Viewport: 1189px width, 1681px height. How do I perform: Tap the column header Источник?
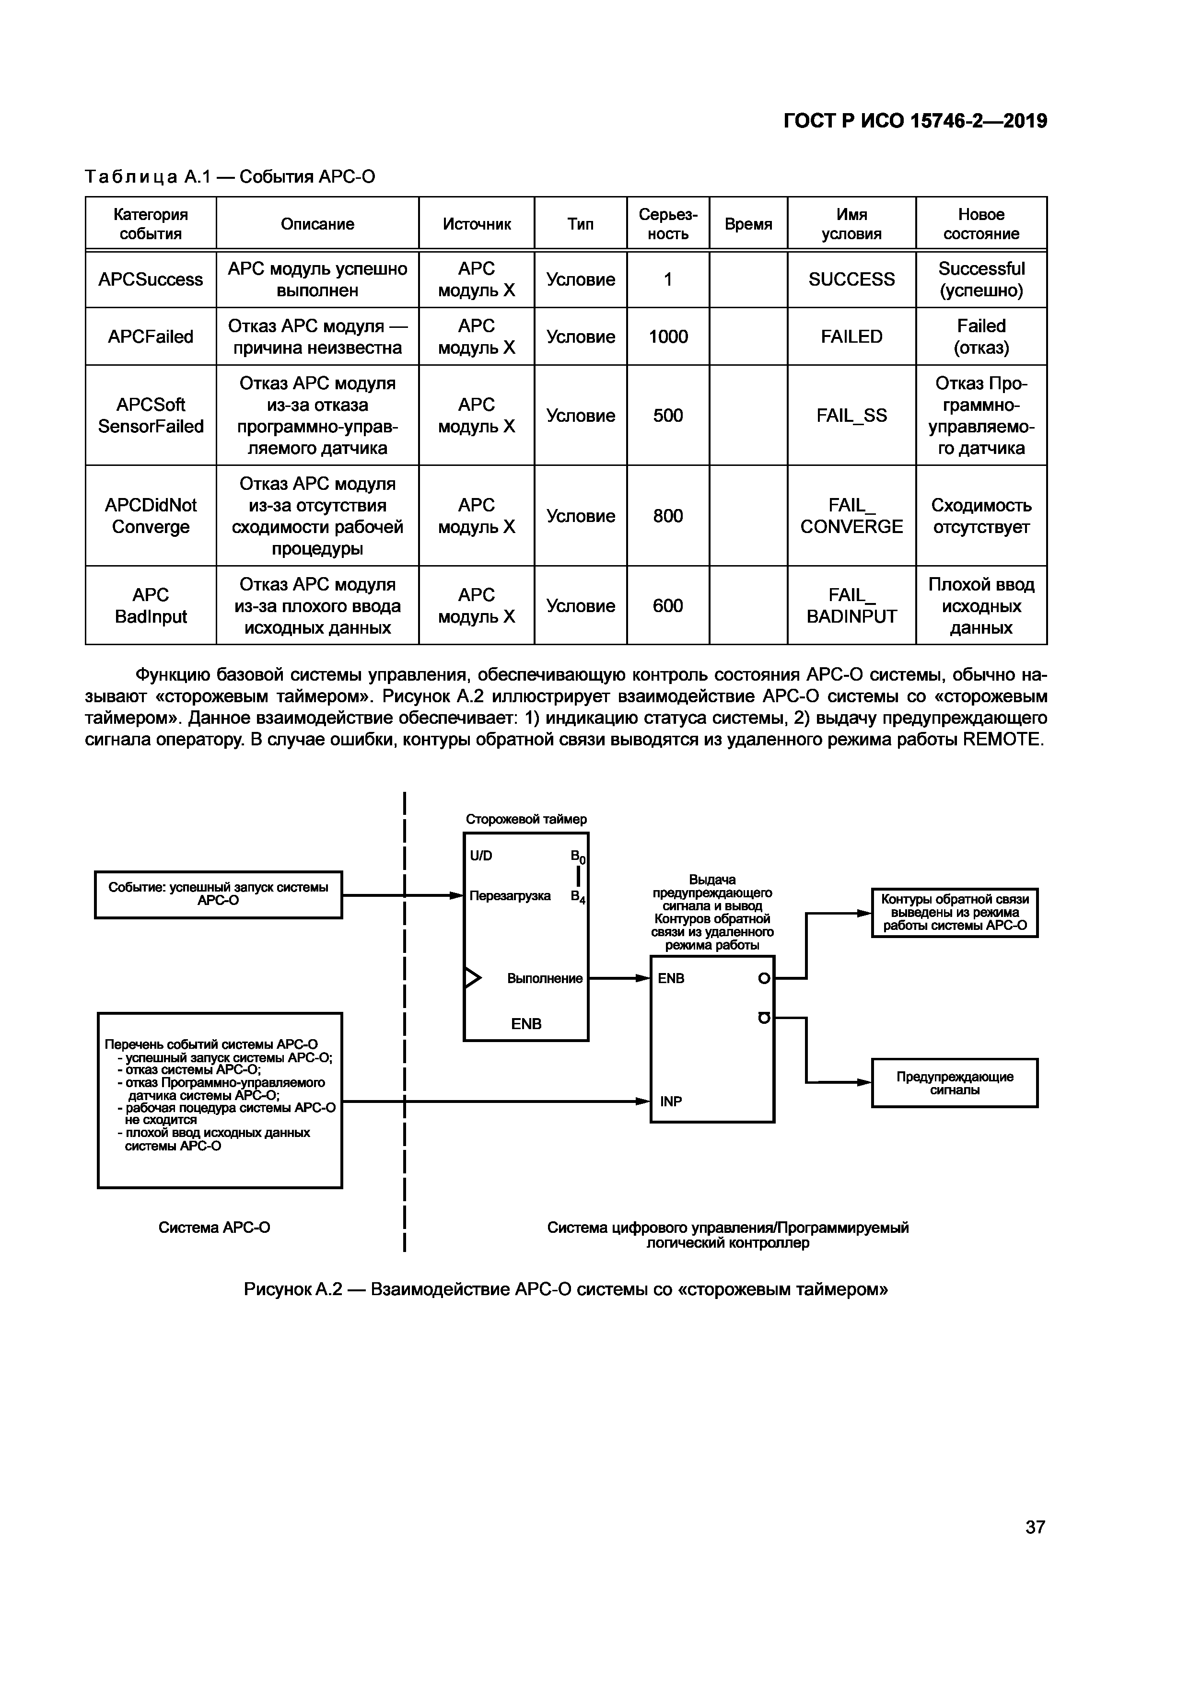[x=476, y=224]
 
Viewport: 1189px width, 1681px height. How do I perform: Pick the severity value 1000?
[x=668, y=337]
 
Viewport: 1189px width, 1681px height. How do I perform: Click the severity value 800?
[x=668, y=516]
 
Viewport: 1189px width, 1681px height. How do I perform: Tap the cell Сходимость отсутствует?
[x=980, y=516]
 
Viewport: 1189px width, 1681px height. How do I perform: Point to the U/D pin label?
[x=481, y=856]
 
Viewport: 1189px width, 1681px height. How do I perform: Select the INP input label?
[x=671, y=1101]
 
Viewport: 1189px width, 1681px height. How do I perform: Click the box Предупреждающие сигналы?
[x=954, y=1083]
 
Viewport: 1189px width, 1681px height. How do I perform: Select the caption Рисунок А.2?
[x=565, y=1289]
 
